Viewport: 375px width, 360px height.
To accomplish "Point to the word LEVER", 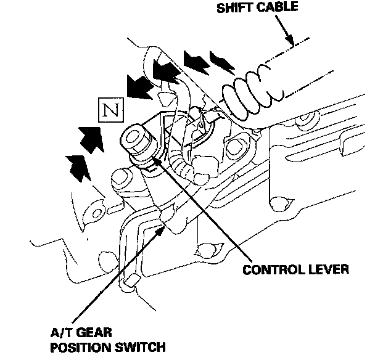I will pyautogui.click(x=327, y=269).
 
